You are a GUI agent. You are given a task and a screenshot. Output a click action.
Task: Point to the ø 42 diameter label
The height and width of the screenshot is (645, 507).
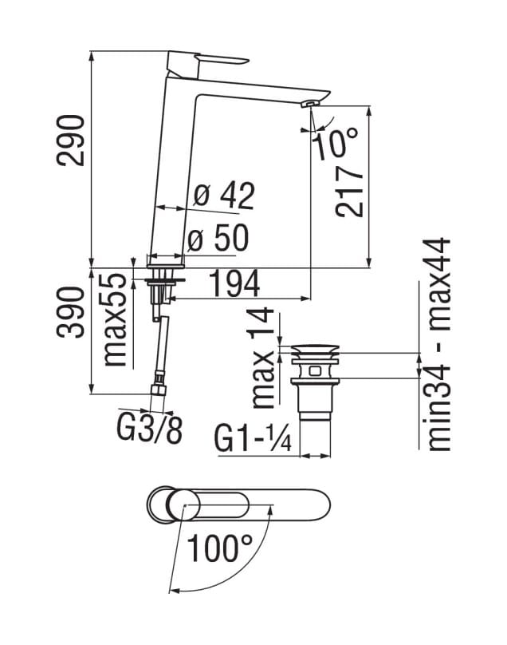224,195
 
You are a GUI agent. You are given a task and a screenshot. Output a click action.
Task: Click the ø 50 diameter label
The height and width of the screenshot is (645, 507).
218,239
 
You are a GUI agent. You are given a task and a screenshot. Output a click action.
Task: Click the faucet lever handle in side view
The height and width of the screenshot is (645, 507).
210,61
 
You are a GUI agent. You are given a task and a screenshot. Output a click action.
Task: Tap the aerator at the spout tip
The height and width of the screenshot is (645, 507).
310,103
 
